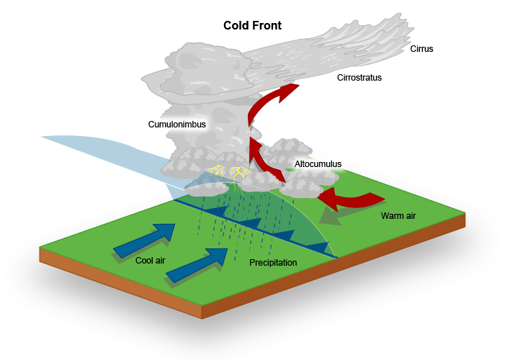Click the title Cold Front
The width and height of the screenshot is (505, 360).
pos(251,26)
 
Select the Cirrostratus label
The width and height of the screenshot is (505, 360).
pos(359,77)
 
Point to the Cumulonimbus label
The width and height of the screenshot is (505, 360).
pos(177,125)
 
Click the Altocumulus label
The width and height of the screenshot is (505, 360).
pos(318,164)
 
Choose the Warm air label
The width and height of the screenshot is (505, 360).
pos(398,215)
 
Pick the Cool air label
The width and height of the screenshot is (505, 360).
pos(152,260)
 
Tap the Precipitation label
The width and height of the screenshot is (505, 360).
pos(273,263)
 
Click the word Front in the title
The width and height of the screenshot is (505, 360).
pos(267,26)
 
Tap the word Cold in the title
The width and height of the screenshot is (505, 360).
pos(236,26)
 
